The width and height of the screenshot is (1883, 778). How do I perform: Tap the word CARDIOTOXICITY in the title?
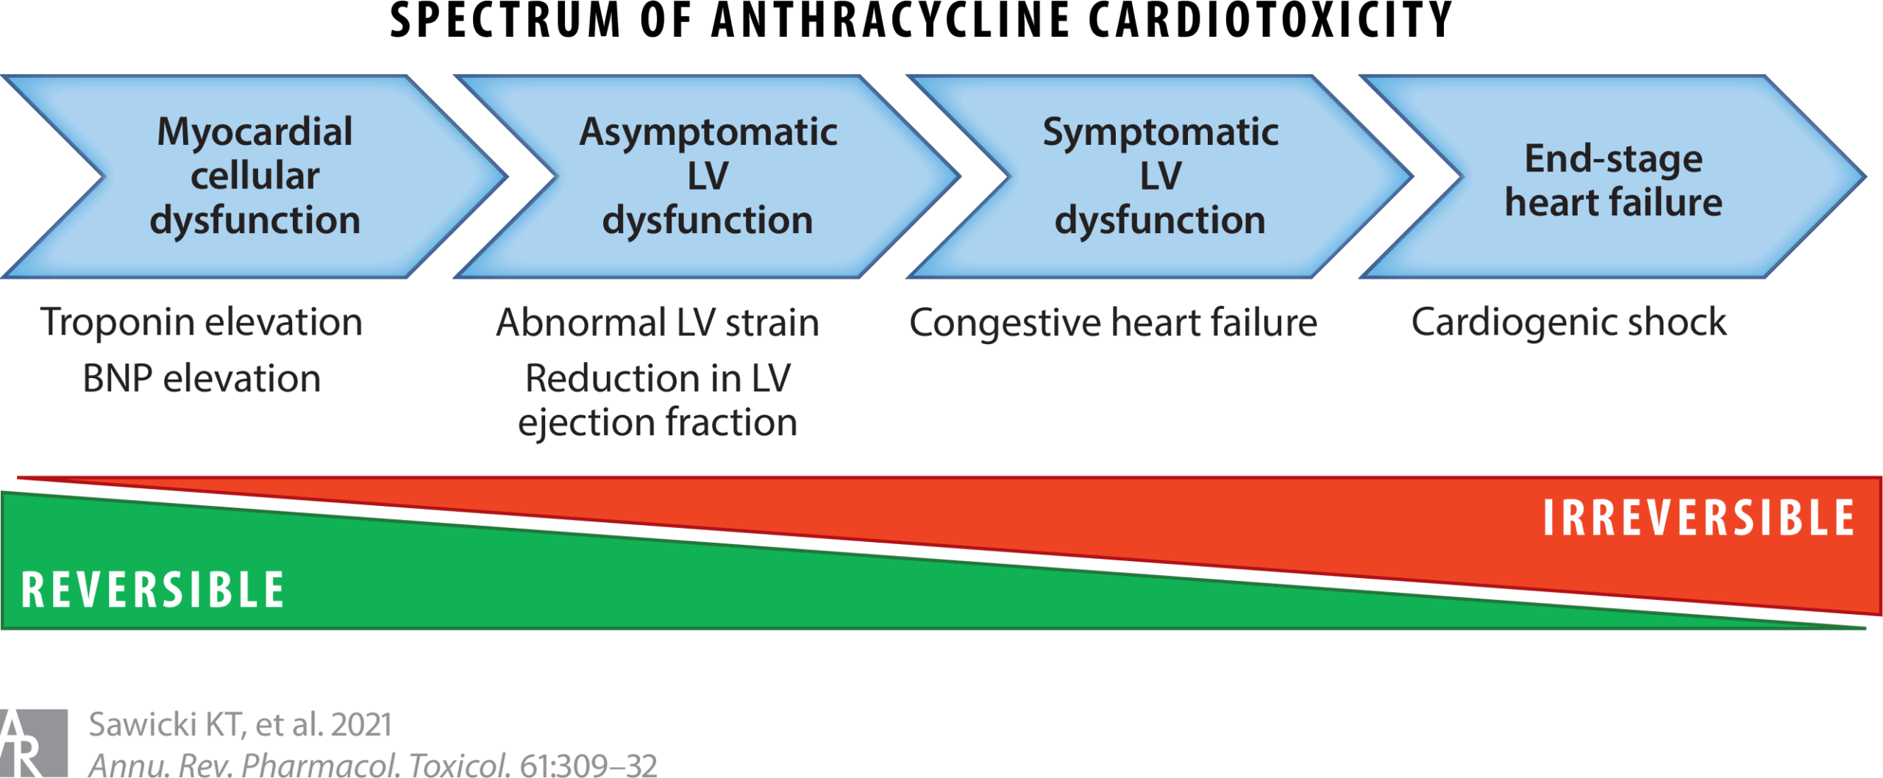[x=1270, y=20]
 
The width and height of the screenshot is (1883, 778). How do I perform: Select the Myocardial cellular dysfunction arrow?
[x=254, y=176]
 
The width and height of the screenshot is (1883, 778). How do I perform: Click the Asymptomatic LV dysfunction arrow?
[x=707, y=176]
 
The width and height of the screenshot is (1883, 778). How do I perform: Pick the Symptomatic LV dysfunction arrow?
[x=1160, y=176]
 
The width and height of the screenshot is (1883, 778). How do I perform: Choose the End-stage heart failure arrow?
[x=1613, y=176]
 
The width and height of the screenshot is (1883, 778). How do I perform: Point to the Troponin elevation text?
[x=202, y=322]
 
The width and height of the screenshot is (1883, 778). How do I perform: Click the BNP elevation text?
[x=202, y=379]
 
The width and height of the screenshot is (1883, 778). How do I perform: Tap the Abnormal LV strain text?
[x=658, y=322]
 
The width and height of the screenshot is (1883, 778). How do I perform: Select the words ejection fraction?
[x=658, y=423]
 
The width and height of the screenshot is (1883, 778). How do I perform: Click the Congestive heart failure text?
[x=1113, y=322]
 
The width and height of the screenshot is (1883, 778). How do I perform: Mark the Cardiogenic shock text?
[x=1568, y=322]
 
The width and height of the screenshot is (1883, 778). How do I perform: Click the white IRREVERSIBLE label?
[x=1698, y=518]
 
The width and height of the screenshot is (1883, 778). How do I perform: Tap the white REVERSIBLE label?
[x=153, y=589]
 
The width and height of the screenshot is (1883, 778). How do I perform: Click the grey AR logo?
[x=34, y=743]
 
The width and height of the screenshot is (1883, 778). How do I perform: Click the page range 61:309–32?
[x=588, y=765]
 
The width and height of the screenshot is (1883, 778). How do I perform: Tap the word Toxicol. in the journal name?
[x=459, y=765]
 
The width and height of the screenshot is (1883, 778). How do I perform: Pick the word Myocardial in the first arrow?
[x=255, y=132]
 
